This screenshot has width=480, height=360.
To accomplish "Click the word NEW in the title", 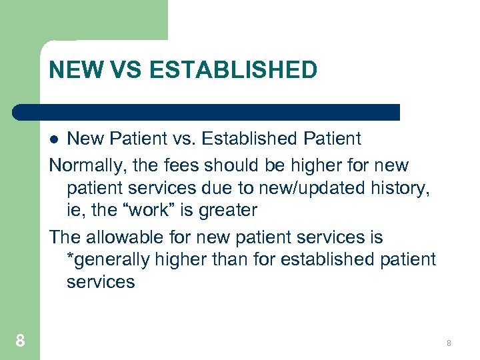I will click(x=72, y=69).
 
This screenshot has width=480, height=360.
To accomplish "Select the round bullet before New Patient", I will click(x=56, y=139).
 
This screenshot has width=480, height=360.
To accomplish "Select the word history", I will click(x=397, y=187).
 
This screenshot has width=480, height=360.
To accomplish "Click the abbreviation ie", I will click(x=75, y=210).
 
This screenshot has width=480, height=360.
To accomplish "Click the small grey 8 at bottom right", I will click(x=449, y=343).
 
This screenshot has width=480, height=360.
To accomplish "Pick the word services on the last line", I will click(x=100, y=282).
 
